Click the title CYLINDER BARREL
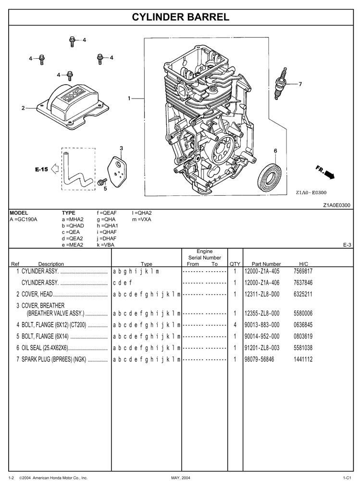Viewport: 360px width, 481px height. pyautogui.click(x=180, y=17)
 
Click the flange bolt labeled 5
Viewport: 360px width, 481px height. pyautogui.click(x=101, y=182)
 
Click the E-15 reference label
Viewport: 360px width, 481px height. pyautogui.click(x=41, y=169)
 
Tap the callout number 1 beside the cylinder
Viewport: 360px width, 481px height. pyautogui.click(x=129, y=98)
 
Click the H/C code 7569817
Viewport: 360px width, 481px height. pyautogui.click(x=303, y=271)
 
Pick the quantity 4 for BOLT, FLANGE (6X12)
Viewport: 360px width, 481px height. pyautogui.click(x=235, y=325)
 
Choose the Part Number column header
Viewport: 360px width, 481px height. pyautogui.click(x=266, y=264)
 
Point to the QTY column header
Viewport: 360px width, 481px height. pyautogui.click(x=235, y=264)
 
